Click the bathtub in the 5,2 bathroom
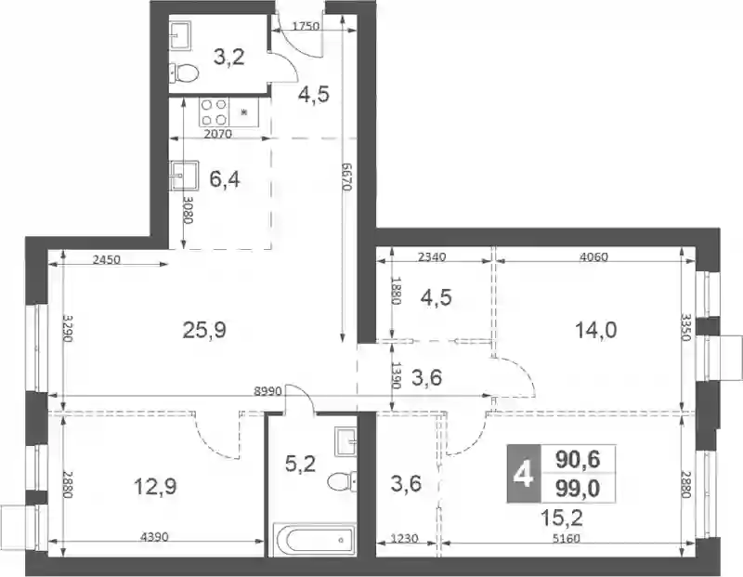pos(314,539)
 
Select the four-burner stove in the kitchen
pos(215,111)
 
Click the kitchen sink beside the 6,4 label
pos(184,175)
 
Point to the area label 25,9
pos(204,331)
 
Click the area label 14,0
pos(595,330)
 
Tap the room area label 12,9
pos(155,487)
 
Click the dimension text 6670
pos(346,177)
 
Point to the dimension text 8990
pos(268,391)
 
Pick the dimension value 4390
pos(154,537)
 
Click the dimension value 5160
pos(567,539)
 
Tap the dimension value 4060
pos(593,257)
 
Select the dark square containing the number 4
pos(524,474)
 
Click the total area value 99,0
pos(578,489)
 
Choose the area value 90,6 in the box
pos(578,459)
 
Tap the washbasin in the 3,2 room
pos(180,34)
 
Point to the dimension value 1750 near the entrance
pos(306,26)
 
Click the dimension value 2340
pos(433,257)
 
